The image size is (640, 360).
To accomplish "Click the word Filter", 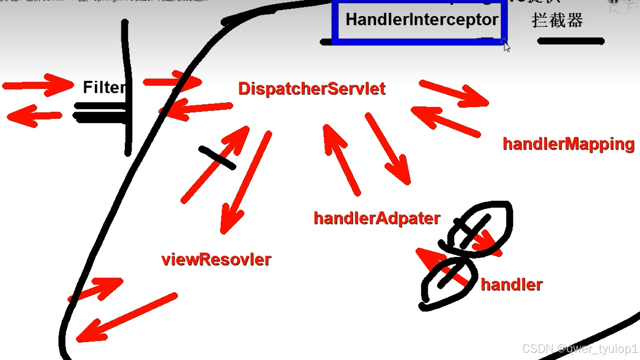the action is tap(104, 87).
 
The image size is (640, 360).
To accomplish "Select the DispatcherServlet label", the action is tap(312, 89).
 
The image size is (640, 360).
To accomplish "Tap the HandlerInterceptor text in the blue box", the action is tap(421, 20).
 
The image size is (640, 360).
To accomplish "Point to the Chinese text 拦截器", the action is tap(557, 20).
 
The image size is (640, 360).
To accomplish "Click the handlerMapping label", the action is tap(568, 144).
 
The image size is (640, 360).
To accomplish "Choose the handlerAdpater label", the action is tap(377, 218).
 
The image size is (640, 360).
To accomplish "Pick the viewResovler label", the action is tap(216, 259).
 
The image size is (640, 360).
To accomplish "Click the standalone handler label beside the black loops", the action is tap(511, 284).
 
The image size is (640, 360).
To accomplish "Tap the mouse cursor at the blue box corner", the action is tap(506, 46).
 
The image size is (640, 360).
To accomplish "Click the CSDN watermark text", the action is tap(580, 348).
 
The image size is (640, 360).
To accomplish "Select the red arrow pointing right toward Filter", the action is tap(38, 85).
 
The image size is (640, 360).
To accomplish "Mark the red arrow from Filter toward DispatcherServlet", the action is tap(172, 82).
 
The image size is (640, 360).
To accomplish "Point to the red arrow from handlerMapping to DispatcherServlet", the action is tap(445, 121).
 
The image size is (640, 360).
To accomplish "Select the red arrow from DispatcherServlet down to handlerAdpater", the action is tap(387, 148).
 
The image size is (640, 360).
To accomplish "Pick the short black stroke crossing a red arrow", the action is tap(217, 157).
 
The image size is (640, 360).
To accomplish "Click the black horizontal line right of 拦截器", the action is tap(571, 41).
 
